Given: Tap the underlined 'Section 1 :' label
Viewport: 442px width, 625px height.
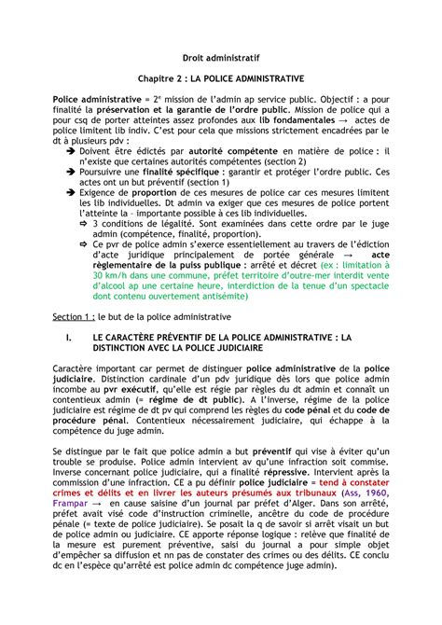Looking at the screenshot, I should click(77, 318).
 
